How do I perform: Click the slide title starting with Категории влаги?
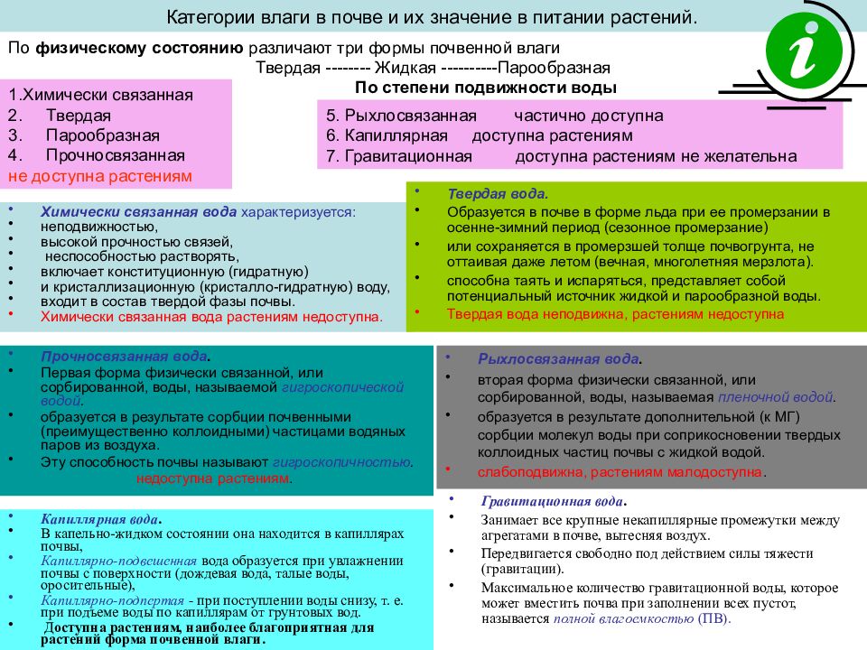[x=433, y=17]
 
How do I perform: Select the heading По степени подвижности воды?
[x=486, y=88]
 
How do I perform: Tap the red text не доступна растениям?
[x=100, y=176]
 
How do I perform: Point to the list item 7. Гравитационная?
[x=399, y=156]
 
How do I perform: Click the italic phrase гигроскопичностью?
[x=343, y=461]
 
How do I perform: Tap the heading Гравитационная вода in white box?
[x=553, y=502]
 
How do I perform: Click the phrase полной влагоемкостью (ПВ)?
[x=640, y=619]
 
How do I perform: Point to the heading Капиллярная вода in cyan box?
[x=100, y=520]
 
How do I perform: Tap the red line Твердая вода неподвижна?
[x=615, y=313]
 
